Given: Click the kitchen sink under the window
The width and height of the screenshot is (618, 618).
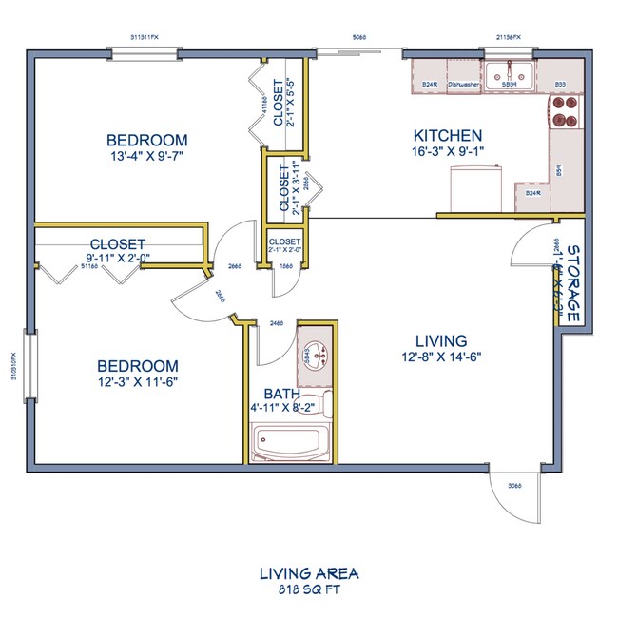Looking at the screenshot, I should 508,73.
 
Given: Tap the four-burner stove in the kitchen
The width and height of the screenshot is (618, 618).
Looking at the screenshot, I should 561,115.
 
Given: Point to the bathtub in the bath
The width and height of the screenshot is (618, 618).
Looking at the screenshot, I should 291,442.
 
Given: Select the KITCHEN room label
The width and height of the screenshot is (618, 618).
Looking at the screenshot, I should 447,136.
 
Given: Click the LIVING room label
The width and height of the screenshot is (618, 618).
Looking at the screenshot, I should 441,340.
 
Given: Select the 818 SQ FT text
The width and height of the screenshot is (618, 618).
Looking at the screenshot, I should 308,589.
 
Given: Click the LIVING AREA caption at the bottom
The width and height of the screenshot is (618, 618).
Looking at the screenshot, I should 308,574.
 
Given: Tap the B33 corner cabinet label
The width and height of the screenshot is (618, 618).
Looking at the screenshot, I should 561,86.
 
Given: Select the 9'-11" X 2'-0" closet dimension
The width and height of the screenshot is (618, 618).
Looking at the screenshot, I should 118,257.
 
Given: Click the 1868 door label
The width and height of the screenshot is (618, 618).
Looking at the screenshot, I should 284,267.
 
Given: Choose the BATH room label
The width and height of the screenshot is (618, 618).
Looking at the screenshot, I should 283,392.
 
